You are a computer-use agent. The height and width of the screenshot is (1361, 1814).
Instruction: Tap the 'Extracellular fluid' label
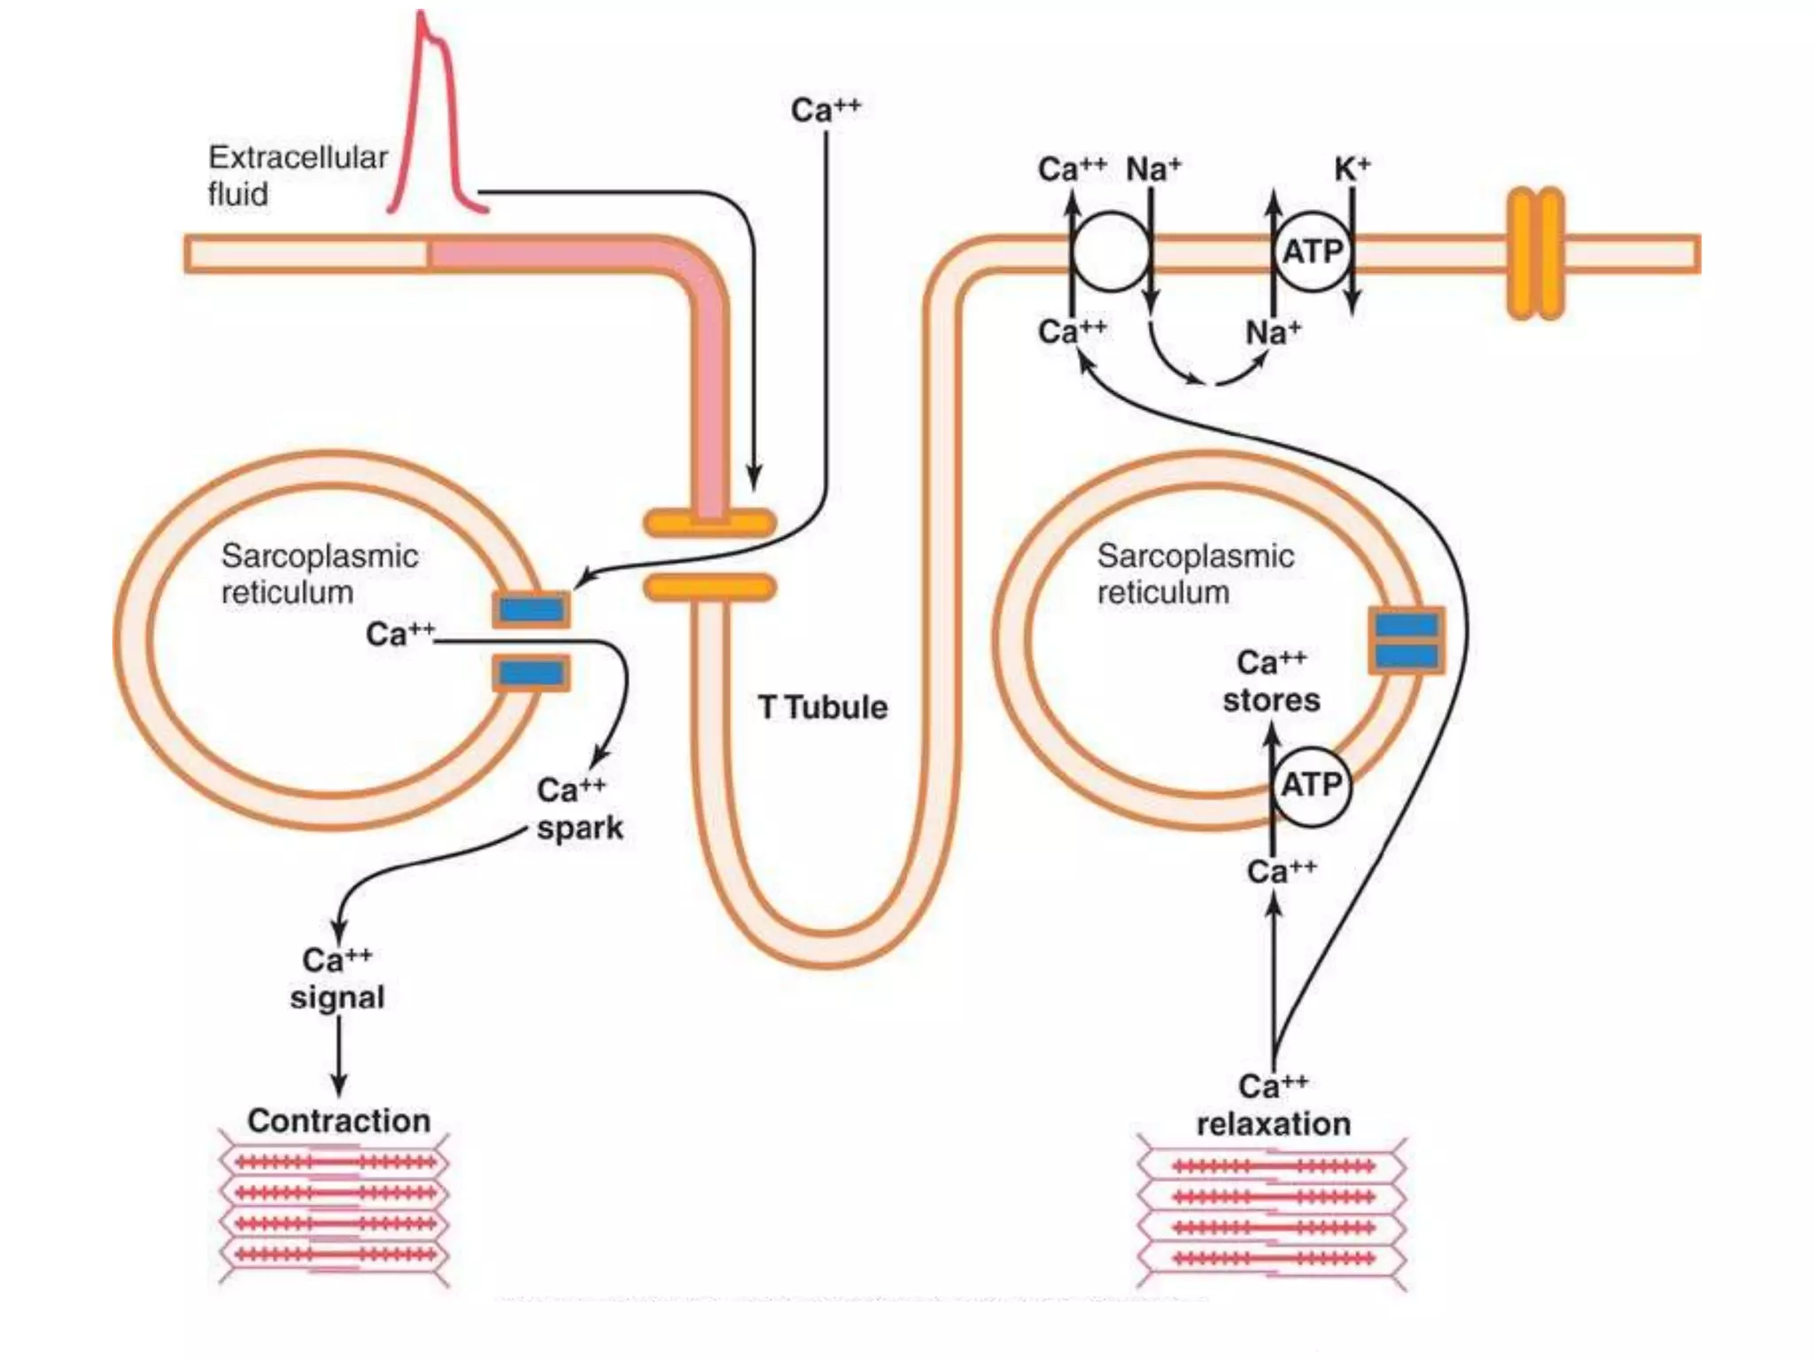point(297,175)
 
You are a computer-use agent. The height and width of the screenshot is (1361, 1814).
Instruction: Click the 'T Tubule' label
point(822,707)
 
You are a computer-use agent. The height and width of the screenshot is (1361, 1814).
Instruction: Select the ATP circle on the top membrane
point(1312,253)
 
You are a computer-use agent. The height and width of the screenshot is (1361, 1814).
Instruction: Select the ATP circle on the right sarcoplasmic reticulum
point(1312,786)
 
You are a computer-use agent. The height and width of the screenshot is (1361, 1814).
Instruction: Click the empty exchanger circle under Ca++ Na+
point(1111,253)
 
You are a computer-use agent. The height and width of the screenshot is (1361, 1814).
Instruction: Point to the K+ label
point(1352,168)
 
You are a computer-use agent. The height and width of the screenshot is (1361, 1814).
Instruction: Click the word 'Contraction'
point(338,1120)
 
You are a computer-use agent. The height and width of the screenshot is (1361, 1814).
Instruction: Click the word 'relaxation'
point(1273,1124)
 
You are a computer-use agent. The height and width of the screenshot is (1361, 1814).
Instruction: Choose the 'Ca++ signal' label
point(337,979)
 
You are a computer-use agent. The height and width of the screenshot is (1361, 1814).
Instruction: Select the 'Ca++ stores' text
point(1271,681)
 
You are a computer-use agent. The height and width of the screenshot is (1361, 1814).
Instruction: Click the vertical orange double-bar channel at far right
point(1535,253)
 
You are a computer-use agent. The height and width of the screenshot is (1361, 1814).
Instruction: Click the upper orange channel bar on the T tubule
point(709,523)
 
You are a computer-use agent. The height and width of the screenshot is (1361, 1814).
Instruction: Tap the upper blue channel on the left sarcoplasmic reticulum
point(531,610)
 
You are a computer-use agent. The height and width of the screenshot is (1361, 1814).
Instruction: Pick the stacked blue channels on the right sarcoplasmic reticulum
point(1407,640)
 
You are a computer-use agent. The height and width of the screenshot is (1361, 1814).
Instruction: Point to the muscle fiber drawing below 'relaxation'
point(1272,1213)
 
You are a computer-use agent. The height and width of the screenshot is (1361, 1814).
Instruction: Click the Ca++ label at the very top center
point(825,111)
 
